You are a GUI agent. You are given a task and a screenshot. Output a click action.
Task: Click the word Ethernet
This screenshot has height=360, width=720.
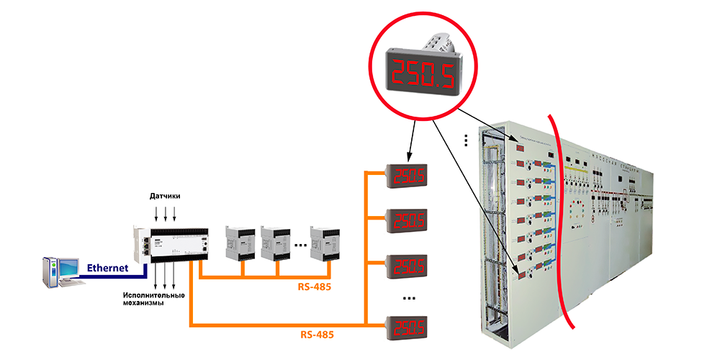(x=107, y=268)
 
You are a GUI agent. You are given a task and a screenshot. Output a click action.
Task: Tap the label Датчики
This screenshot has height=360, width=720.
(x=165, y=196)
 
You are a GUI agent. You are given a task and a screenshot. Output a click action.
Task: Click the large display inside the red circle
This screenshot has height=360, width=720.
(x=424, y=73)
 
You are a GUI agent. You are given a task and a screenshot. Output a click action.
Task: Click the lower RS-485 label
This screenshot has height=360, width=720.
(x=316, y=335)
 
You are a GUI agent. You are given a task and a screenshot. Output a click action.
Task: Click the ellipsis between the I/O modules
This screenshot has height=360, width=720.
(x=300, y=244)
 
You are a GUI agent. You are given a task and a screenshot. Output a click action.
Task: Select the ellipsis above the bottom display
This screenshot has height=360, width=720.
(x=408, y=297)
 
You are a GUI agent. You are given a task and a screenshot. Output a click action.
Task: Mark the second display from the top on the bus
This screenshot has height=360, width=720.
(x=408, y=219)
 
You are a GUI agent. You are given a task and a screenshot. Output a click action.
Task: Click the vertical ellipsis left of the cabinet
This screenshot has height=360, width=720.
(x=467, y=138)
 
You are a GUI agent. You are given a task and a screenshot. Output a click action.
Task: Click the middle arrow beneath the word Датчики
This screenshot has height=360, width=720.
(x=166, y=213)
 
